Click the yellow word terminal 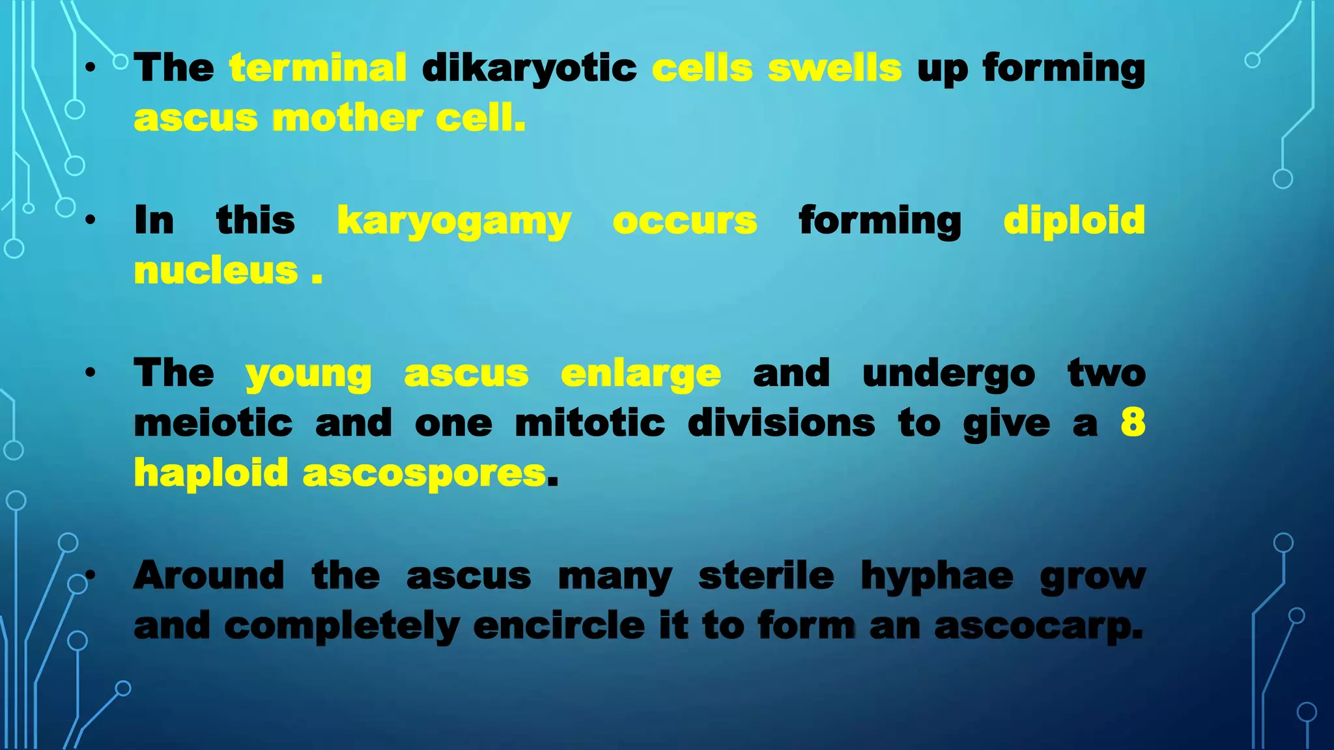pos(318,68)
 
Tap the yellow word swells pos(834,68)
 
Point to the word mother pos(347,118)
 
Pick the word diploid pos(1073,221)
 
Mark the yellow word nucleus pos(216,271)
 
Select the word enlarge pos(640,374)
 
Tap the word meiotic pos(214,423)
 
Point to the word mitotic pos(589,423)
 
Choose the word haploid pos(211,473)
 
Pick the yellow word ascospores pos(424,474)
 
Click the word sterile pos(766,576)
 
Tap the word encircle pos(559,626)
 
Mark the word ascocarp pos(1038,627)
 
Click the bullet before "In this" pos(91,220)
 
